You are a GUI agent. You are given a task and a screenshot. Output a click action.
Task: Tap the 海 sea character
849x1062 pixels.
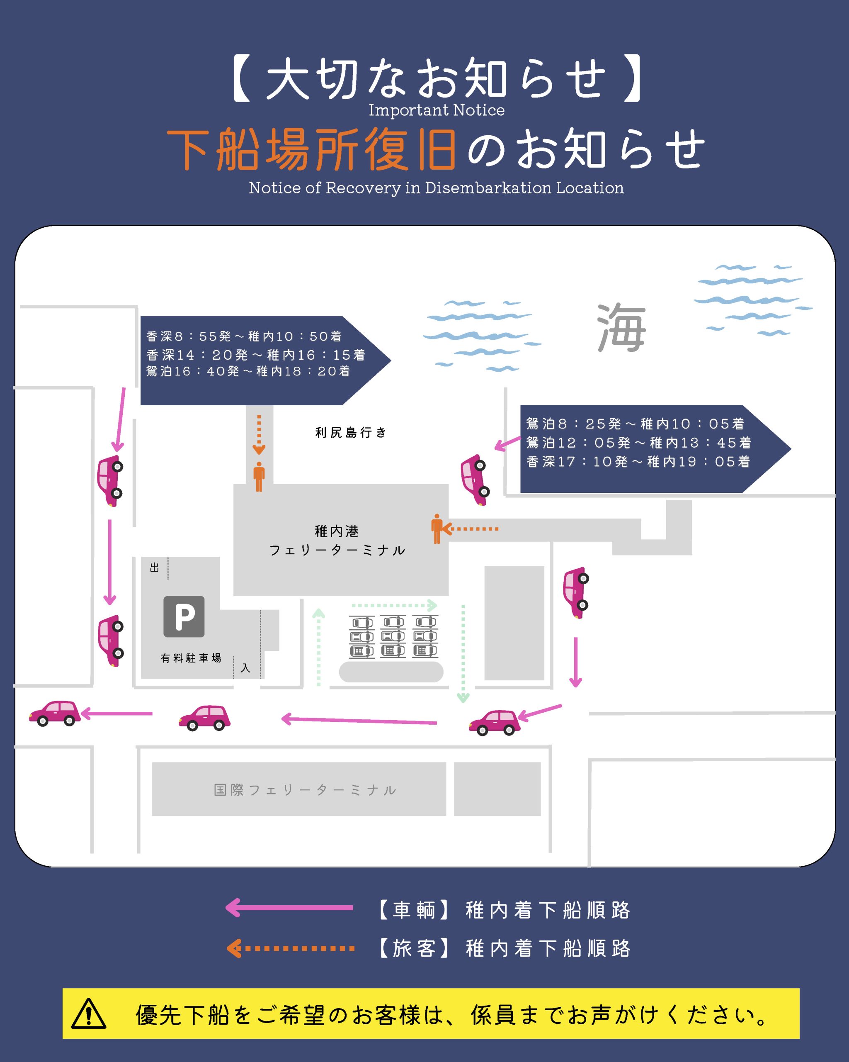(621, 328)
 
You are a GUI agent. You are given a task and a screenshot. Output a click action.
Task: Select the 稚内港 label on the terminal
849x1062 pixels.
(337, 531)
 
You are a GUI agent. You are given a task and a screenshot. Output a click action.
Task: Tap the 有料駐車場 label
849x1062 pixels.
(191, 658)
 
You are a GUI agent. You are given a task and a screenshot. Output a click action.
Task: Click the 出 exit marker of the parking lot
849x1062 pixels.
(155, 568)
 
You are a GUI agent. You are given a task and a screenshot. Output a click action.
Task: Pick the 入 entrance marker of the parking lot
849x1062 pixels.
(245, 668)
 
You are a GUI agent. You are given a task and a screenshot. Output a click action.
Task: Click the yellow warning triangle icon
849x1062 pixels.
(89, 1014)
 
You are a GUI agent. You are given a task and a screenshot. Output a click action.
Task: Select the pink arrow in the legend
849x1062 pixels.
(289, 907)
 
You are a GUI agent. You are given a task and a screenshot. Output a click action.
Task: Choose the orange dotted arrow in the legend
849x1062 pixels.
(290, 948)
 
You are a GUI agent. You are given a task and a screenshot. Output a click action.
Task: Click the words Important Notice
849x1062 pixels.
(437, 110)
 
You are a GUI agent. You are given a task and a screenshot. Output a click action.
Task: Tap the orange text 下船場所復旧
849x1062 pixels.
(312, 149)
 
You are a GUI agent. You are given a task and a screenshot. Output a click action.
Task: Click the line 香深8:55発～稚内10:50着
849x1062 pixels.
(244, 336)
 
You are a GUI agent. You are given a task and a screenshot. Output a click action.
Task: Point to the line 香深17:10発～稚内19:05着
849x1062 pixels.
(638, 462)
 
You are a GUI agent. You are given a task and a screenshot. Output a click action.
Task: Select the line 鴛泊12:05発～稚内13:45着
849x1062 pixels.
(639, 443)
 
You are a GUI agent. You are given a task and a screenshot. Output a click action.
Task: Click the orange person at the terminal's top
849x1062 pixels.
(259, 477)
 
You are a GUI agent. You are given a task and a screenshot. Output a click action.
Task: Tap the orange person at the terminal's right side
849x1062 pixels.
(437, 529)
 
